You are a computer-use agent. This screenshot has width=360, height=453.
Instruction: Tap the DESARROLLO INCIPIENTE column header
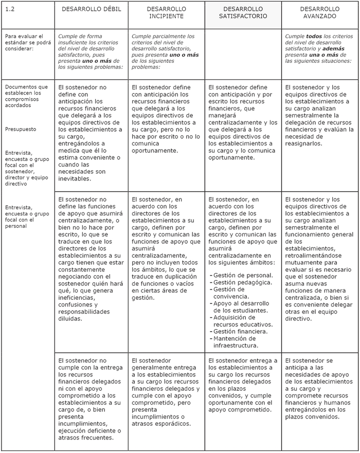[166, 13]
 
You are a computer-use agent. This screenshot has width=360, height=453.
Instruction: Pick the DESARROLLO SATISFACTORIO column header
[243, 13]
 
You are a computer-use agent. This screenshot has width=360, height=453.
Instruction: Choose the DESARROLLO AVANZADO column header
[319, 13]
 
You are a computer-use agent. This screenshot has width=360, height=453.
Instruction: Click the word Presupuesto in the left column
[21, 129]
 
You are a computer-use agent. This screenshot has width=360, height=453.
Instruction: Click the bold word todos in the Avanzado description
[314, 37]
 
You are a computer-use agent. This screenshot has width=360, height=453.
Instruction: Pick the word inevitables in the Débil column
[75, 179]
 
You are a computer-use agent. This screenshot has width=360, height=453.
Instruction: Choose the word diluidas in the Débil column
[70, 319]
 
